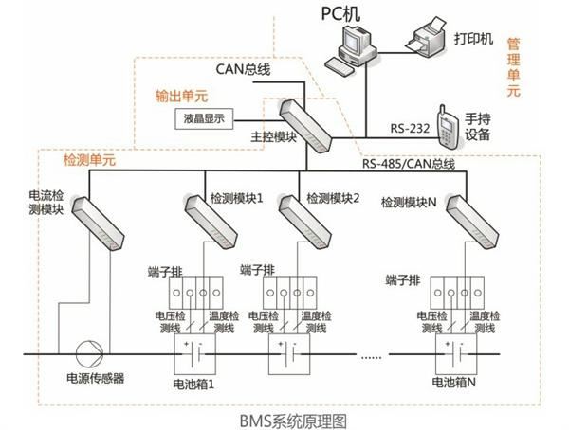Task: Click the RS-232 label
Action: point(411,126)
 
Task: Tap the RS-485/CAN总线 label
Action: point(410,163)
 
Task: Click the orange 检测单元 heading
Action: point(89,160)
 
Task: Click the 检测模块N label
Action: point(409,202)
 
